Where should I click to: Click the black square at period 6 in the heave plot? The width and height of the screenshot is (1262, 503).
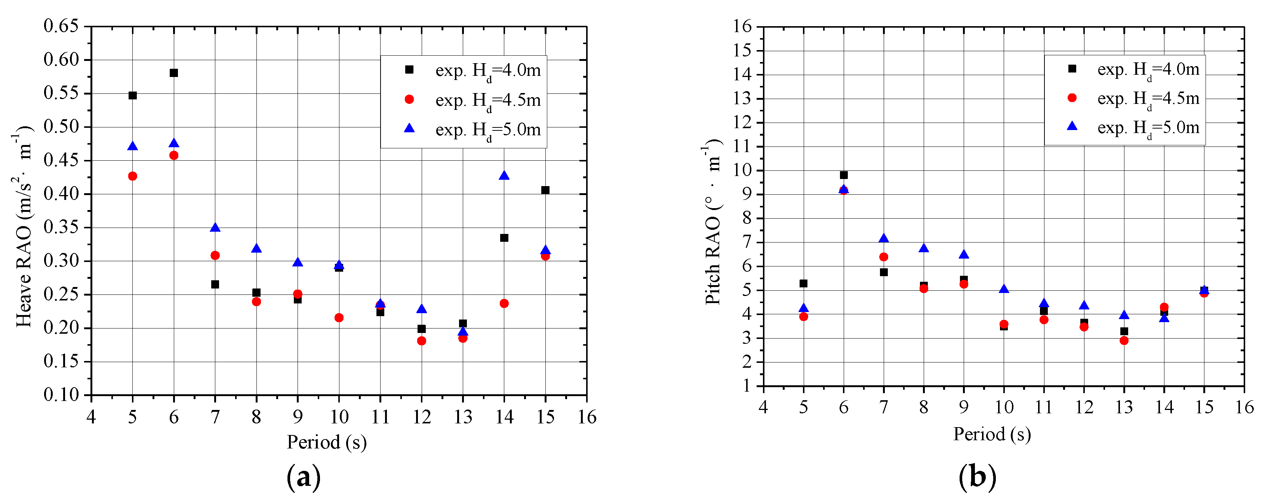(x=173, y=73)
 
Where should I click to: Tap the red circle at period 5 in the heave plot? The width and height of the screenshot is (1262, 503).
(x=132, y=176)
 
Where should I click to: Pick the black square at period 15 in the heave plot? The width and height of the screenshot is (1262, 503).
(x=545, y=190)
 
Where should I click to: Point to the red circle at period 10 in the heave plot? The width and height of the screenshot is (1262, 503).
(x=339, y=318)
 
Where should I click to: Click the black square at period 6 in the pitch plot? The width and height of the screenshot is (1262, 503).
(x=844, y=175)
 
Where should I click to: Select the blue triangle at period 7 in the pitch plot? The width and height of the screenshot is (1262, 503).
(x=884, y=238)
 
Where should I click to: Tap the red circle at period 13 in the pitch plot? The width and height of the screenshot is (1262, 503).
(x=1124, y=340)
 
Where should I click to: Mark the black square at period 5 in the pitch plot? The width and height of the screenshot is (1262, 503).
(x=803, y=284)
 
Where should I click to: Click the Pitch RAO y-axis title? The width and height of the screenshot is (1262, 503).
(x=713, y=223)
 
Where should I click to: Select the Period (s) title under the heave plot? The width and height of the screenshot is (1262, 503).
(x=327, y=442)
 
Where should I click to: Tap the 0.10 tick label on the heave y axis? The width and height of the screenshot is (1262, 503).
(x=61, y=394)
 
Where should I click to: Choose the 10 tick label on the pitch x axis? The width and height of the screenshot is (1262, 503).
(x=1004, y=407)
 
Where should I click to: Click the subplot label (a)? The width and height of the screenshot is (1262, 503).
(x=304, y=476)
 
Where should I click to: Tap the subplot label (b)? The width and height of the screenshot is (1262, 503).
(x=978, y=476)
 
